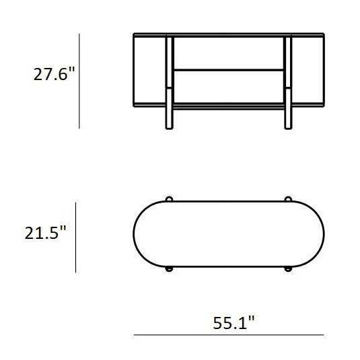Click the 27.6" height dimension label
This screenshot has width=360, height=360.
[55, 74]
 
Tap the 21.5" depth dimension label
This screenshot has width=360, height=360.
[45, 233]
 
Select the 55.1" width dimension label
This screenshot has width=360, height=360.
[233, 322]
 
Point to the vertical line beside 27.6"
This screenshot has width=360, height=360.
[79, 81]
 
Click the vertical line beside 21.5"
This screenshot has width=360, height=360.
[76, 238]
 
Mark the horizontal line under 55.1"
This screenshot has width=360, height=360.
[229, 335]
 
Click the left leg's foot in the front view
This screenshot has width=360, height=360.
[169, 118]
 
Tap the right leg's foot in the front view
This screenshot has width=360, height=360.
[288, 118]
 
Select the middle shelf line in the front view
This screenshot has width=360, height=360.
[229, 70]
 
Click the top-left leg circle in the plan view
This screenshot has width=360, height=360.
[169, 199]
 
